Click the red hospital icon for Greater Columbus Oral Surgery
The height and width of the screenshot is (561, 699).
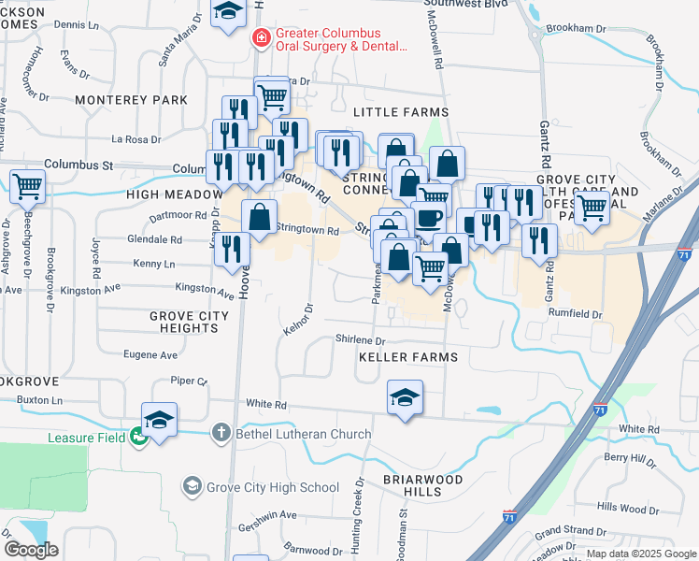click(x=263, y=37)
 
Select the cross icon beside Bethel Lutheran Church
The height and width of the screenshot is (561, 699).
click(x=220, y=431)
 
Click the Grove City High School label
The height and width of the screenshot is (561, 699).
click(x=274, y=486)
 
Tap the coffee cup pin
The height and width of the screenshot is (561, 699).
click(x=429, y=217)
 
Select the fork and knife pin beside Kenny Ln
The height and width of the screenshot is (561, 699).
click(x=231, y=248)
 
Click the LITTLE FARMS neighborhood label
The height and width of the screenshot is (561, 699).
click(x=401, y=112)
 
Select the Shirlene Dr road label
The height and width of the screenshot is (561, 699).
click(x=361, y=341)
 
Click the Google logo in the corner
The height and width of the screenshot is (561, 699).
click(x=31, y=550)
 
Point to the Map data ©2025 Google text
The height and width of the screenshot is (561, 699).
click(x=640, y=554)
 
